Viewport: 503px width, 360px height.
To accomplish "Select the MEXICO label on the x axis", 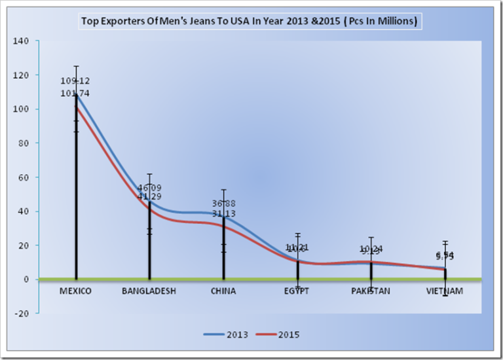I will coord(75,291).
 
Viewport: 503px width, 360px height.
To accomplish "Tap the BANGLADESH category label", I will coord(149,291).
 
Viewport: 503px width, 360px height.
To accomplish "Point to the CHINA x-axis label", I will coord(223,291).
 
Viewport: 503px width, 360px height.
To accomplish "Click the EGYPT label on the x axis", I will coord(297,291).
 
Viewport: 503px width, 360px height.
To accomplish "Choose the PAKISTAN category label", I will coord(371,291).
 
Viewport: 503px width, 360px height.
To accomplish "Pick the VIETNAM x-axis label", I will coord(445,291).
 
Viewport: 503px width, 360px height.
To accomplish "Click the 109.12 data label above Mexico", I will coord(76,81).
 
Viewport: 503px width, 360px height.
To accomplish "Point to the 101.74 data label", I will coord(76,94).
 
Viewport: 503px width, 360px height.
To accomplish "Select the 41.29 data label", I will coord(149,197).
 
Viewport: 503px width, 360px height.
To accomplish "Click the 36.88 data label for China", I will coord(223,204).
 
